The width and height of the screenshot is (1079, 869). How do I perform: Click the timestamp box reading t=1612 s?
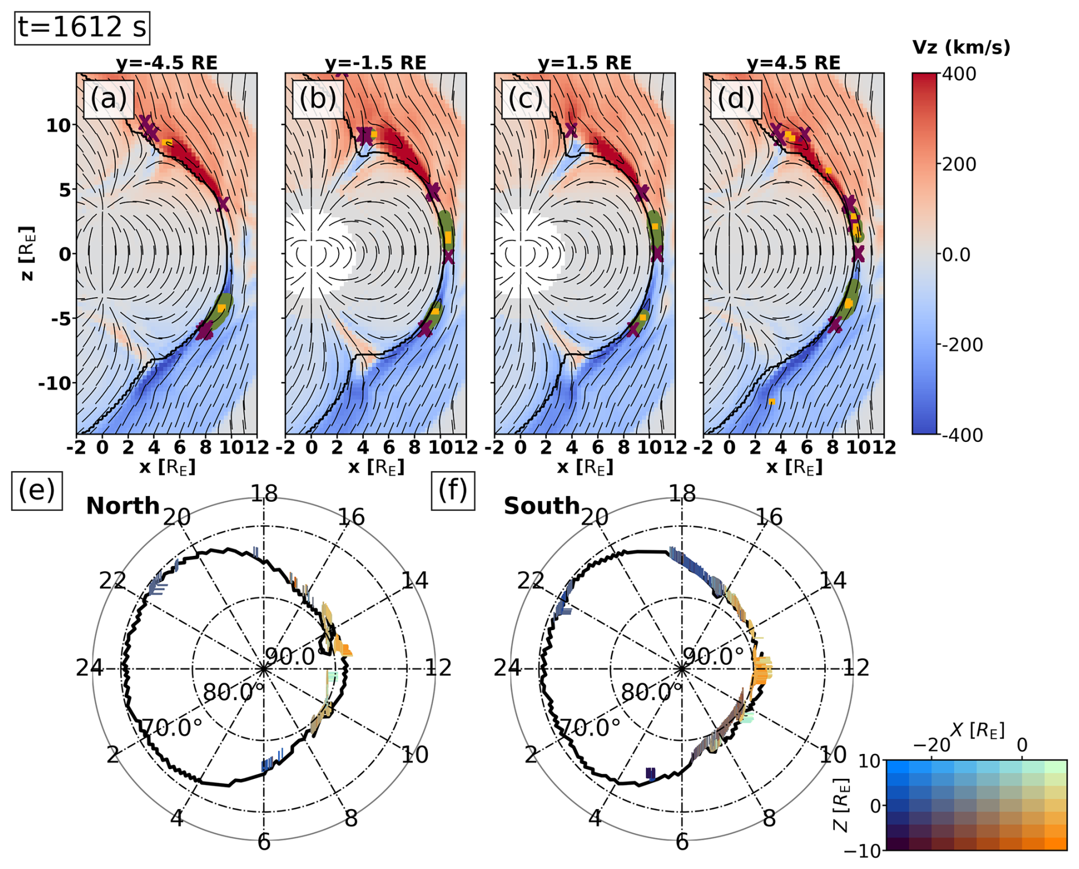82,27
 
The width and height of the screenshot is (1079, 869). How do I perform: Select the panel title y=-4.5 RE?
167,63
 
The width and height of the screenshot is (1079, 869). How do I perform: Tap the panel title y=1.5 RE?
585,63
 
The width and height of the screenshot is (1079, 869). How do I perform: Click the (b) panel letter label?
318,99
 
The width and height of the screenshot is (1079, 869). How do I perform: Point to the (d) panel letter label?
736,99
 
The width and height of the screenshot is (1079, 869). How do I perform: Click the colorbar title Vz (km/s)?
961,47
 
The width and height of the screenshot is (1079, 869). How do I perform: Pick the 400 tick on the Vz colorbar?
959,74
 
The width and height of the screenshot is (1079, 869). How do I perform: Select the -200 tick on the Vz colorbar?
962,344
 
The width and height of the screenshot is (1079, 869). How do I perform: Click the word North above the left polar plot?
123,506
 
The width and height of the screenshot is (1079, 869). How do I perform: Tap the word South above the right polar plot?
541,506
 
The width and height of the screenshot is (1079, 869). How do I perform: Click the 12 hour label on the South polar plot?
856,668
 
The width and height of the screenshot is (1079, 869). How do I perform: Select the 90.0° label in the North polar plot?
290,657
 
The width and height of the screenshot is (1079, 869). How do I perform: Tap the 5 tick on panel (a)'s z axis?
65,190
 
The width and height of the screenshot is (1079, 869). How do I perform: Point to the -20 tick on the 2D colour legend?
931,745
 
